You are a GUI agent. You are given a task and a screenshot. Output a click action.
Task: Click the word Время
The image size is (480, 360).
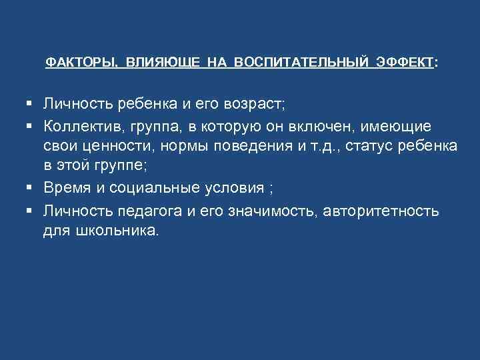(x=65, y=189)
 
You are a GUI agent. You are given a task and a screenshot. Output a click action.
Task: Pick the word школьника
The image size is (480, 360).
(x=115, y=232)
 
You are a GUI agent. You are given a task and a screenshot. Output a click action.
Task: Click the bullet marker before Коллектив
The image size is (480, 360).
(x=30, y=126)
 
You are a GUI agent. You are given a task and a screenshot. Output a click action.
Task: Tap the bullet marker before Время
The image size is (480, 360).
(x=30, y=189)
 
